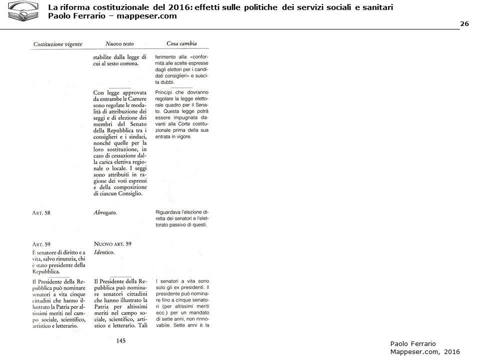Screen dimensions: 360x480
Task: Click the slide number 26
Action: (464, 24)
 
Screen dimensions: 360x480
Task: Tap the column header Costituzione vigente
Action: (58, 44)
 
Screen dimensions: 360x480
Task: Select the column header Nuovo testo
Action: (119, 44)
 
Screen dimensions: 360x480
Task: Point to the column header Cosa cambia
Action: (181, 43)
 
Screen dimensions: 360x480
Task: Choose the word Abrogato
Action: (105, 212)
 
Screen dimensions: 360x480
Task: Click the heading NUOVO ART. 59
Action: (112, 244)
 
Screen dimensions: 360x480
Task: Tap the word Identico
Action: (104, 252)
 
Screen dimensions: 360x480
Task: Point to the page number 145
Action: (120, 341)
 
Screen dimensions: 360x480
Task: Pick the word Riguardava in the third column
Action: (170, 212)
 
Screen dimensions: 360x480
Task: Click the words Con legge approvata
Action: (119, 93)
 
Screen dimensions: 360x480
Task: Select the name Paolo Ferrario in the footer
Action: (413, 343)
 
